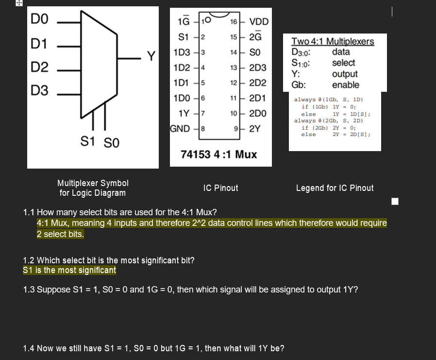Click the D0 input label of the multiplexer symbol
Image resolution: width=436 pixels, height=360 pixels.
(x=40, y=20)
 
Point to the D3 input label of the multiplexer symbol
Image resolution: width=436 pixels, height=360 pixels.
(x=40, y=90)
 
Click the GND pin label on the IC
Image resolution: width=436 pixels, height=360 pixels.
(x=180, y=129)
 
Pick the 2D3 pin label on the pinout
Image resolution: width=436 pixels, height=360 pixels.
(x=257, y=68)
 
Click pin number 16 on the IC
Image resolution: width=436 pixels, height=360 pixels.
(x=234, y=22)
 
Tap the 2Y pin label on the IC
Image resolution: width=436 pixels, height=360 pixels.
(x=255, y=129)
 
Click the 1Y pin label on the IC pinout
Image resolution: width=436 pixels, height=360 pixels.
(x=184, y=113)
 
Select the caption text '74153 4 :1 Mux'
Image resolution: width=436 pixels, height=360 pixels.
(x=218, y=154)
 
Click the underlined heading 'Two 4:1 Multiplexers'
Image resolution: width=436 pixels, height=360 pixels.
(x=333, y=41)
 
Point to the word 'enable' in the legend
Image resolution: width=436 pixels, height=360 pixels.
(x=345, y=85)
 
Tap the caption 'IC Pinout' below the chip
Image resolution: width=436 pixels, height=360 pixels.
(x=221, y=188)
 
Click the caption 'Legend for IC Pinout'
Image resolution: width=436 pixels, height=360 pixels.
(x=335, y=188)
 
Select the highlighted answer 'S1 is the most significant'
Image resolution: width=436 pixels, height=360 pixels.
(x=69, y=270)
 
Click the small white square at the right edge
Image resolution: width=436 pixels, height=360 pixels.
(x=395, y=201)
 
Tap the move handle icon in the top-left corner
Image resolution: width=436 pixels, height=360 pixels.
(x=5, y=3)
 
